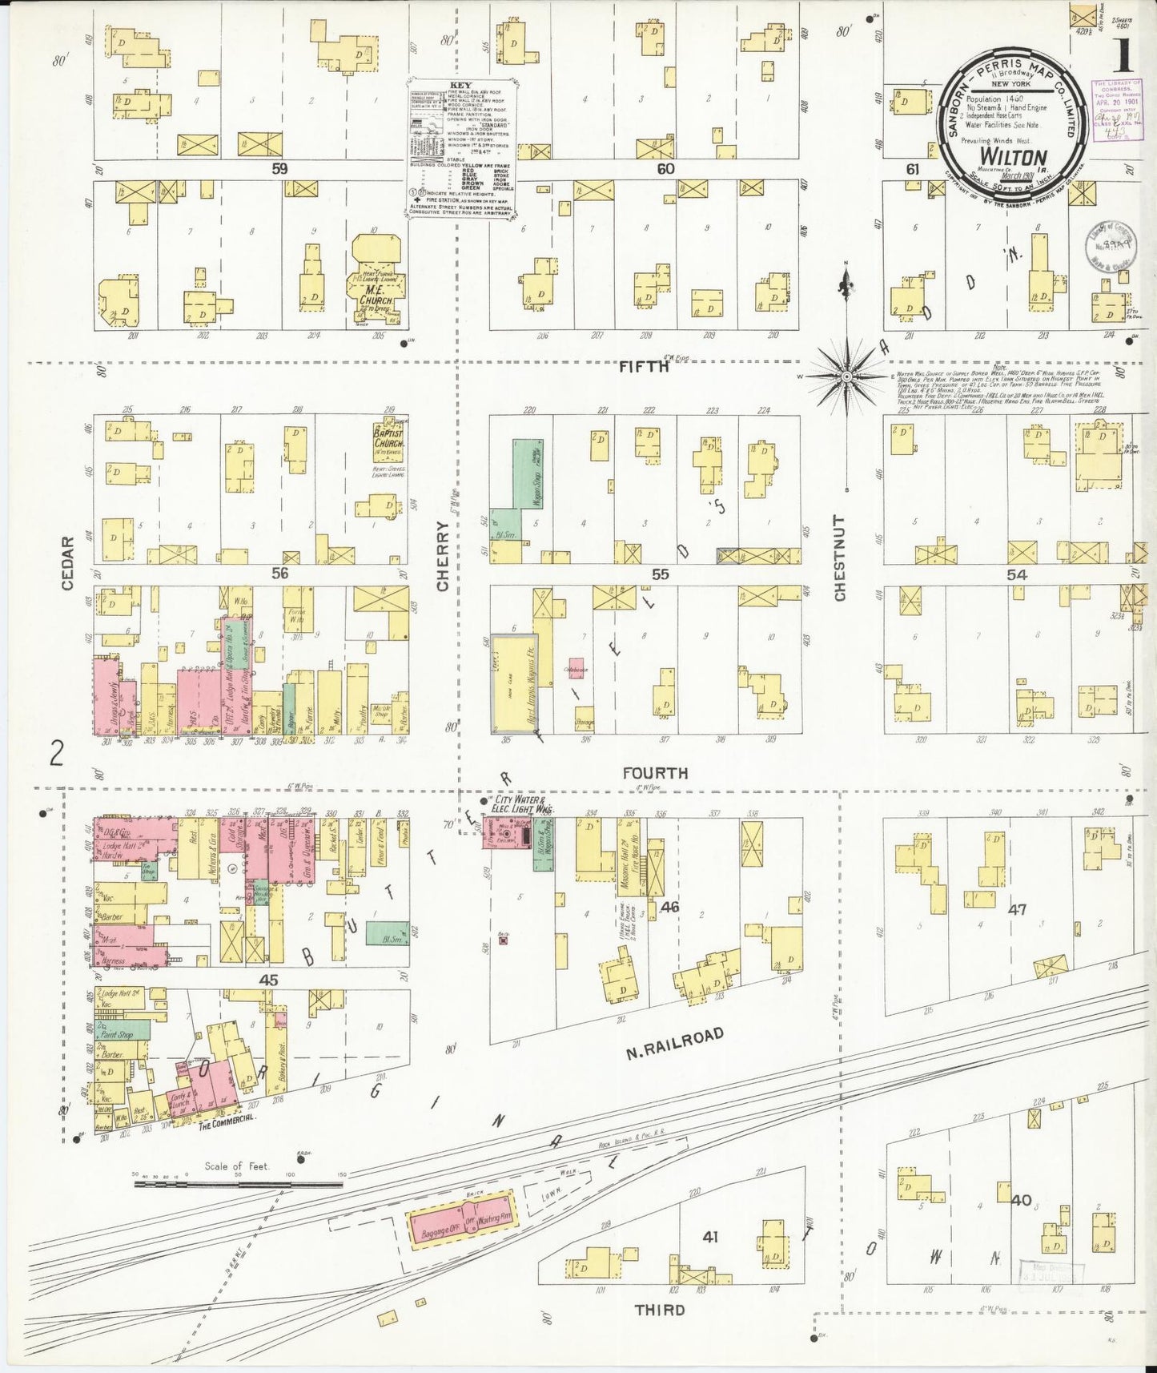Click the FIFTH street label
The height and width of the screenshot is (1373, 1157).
pos(644,367)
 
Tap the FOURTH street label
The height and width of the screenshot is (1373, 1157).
pos(656,773)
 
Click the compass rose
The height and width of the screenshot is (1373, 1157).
pos(846,375)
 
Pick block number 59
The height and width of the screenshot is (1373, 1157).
pos(279,169)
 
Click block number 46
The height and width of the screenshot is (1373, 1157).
pos(669,906)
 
